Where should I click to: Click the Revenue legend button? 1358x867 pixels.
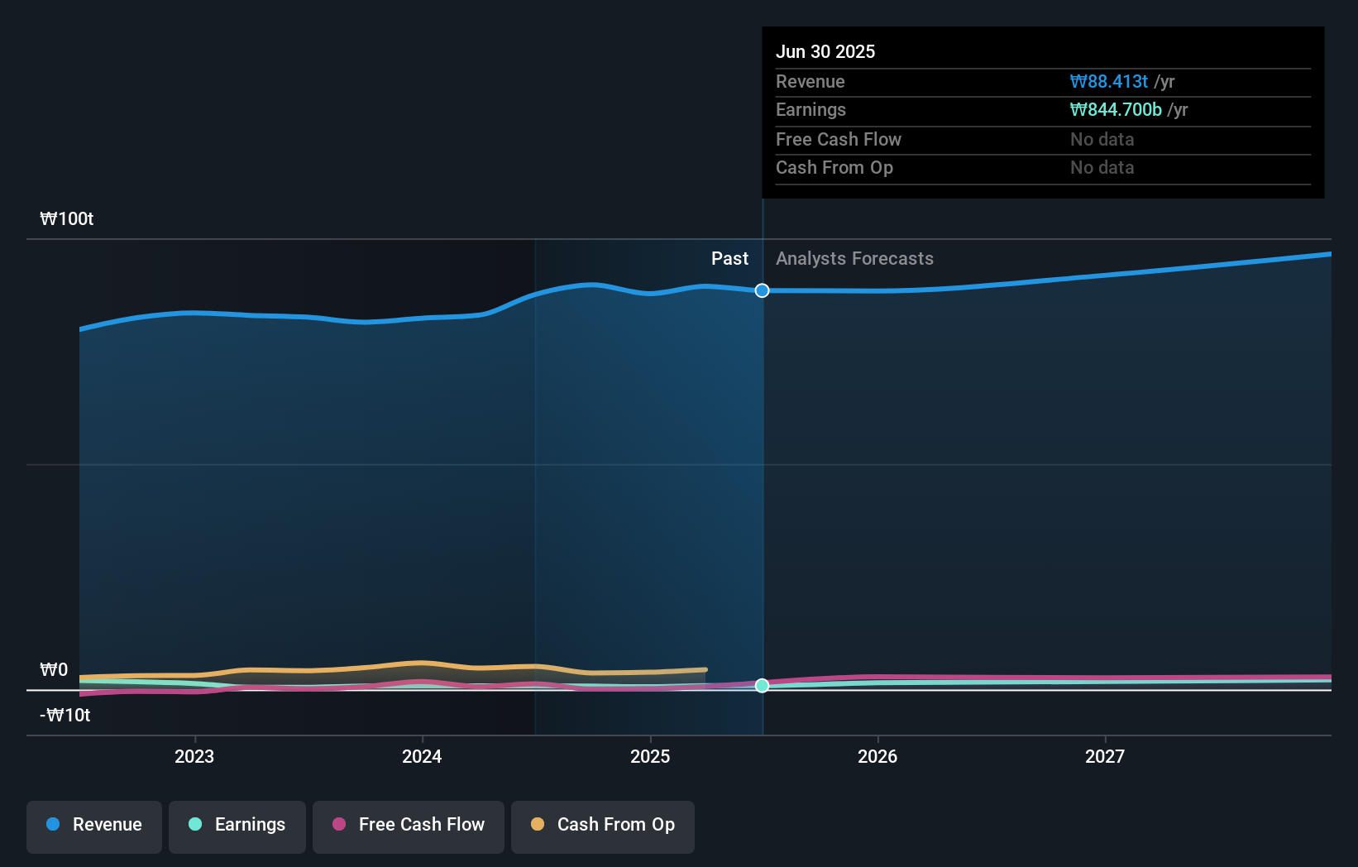click(x=94, y=826)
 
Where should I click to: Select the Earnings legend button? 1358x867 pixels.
click(x=237, y=826)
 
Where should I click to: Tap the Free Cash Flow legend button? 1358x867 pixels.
click(x=409, y=826)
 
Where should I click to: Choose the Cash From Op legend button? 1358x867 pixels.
click(x=603, y=826)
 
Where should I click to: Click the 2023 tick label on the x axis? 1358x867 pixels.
click(x=194, y=756)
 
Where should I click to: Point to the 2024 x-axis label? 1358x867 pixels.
click(x=422, y=756)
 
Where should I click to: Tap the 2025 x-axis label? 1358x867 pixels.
click(x=650, y=756)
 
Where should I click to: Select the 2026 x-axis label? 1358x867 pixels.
click(x=877, y=756)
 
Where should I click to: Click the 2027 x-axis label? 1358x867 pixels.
click(x=1105, y=756)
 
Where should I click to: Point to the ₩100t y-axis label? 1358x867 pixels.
click(x=67, y=219)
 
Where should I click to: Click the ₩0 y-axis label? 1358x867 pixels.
click(x=54, y=669)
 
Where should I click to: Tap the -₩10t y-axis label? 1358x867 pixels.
click(x=65, y=715)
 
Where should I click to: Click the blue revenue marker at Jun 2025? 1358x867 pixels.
click(x=763, y=290)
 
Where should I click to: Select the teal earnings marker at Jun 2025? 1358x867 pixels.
click(x=763, y=686)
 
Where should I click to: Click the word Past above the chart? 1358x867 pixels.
click(x=729, y=259)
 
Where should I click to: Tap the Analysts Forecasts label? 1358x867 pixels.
click(x=854, y=259)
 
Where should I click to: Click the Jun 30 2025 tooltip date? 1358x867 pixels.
click(x=825, y=51)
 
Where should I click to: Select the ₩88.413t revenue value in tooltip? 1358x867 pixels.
click(x=1108, y=81)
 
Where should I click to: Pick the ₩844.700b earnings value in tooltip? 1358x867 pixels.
click(x=1116, y=110)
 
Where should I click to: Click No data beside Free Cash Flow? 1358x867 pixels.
click(x=1102, y=139)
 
